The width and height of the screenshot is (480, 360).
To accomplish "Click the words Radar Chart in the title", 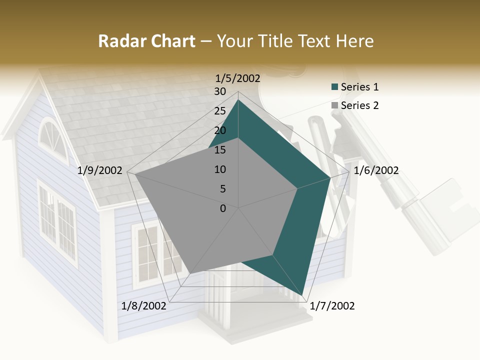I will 146,41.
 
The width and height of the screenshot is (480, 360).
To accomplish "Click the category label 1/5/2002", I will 238,78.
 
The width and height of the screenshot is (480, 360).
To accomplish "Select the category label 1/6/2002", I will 376,170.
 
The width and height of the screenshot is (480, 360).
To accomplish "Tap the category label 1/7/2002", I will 332,306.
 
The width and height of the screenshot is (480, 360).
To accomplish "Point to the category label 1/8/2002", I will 144,306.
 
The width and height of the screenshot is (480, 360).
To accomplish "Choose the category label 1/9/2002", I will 100,170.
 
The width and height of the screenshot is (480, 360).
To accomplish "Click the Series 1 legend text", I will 359,87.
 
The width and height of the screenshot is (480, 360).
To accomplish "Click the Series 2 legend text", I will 359,105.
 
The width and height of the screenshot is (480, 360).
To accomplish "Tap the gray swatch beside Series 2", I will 334,106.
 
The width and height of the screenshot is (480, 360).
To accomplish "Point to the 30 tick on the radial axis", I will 220,91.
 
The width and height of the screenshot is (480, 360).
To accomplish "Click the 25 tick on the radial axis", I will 220,111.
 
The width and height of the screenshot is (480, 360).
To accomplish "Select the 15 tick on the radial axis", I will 220,150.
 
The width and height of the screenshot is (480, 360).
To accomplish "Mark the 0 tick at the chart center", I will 223,208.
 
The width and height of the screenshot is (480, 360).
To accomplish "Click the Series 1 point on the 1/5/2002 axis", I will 238,99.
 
